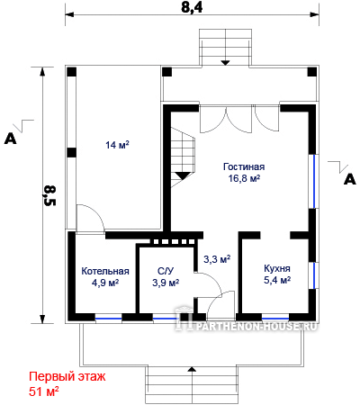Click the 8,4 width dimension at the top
pyautogui.click(x=192, y=7)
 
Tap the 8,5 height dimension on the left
pyautogui.click(x=49, y=195)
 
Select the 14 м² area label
pyautogui.click(x=117, y=145)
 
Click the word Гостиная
pyautogui.click(x=244, y=166)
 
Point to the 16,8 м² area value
pyautogui.click(x=244, y=178)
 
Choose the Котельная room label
pyautogui.click(x=105, y=271)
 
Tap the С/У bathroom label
pyautogui.click(x=166, y=271)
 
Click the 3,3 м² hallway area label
pyautogui.click(x=217, y=259)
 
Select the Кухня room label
pyautogui.click(x=277, y=268)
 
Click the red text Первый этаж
pyautogui.click(x=67, y=376)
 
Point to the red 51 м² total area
pyautogui.click(x=44, y=391)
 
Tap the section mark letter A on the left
pyautogui.click(x=11, y=139)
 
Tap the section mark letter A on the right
pyautogui.click(x=350, y=179)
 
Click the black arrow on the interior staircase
pyautogui.click(x=183, y=175)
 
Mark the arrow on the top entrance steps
pyautogui.click(x=225, y=63)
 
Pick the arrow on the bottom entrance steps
pyautogui.click(x=191, y=369)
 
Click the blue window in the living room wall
pyautogui.click(x=314, y=181)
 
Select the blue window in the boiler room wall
pyautogui.click(x=109, y=319)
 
